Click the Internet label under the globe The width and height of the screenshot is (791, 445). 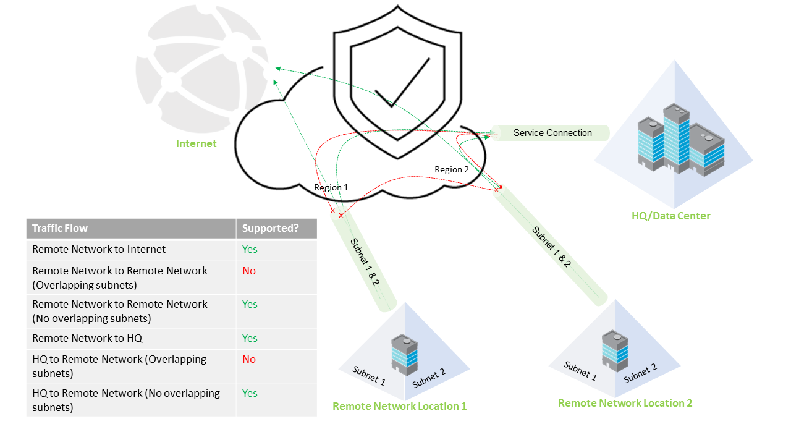[197, 143]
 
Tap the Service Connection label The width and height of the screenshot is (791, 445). [552, 133]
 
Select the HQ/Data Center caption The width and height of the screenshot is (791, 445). [670, 216]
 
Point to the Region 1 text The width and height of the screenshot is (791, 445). [331, 187]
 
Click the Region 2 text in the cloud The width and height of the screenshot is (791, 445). [452, 169]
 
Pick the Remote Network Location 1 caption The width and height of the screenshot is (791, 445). [399, 406]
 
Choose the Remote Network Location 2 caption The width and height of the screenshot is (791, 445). [625, 403]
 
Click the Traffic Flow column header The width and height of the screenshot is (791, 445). [60, 228]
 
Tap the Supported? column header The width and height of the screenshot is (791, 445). [270, 228]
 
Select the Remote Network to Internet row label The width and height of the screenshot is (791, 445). [99, 249]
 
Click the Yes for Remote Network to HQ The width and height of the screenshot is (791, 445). [250, 338]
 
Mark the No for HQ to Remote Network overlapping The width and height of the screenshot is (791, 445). [249, 359]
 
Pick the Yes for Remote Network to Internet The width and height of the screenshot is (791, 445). [250, 249]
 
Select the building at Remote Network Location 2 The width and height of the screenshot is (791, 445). [615, 350]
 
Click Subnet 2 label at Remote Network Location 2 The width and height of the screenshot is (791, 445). [640, 373]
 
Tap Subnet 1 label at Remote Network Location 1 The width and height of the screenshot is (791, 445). [369, 376]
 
